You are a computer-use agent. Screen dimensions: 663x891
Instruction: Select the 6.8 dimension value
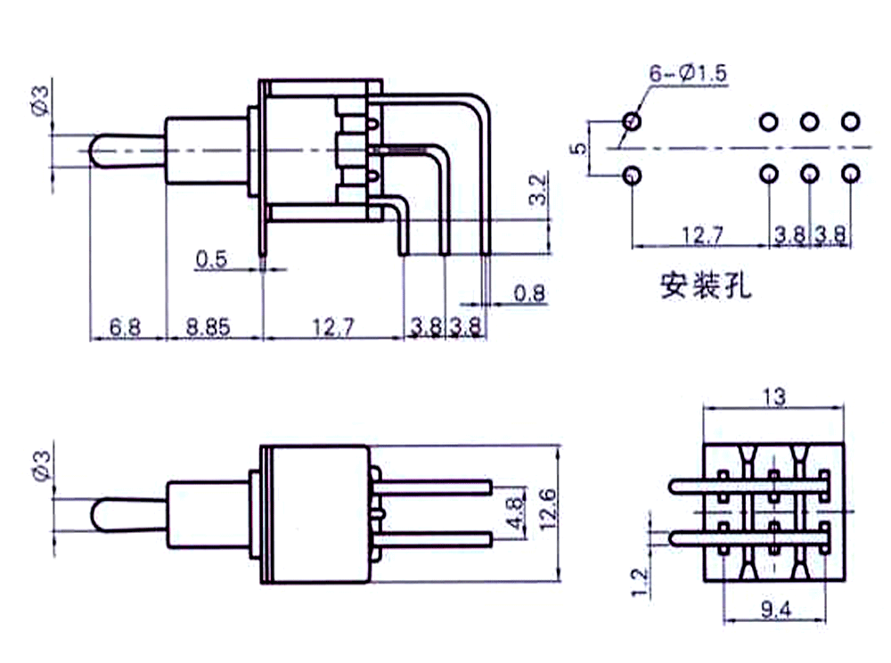[x=126, y=327]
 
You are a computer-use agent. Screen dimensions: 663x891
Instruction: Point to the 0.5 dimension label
[x=212, y=260]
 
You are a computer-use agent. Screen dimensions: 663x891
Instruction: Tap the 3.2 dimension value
[x=538, y=190]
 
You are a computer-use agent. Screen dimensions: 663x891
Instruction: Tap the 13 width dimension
[x=774, y=397]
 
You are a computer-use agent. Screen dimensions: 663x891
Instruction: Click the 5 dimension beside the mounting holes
[x=580, y=148]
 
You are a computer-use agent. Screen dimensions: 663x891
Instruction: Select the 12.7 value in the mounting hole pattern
[x=698, y=235]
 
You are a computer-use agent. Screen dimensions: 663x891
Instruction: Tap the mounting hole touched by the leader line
[x=632, y=119]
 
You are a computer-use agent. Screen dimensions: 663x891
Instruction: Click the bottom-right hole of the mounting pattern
[x=852, y=174]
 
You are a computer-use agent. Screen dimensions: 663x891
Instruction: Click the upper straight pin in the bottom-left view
[x=437, y=486]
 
